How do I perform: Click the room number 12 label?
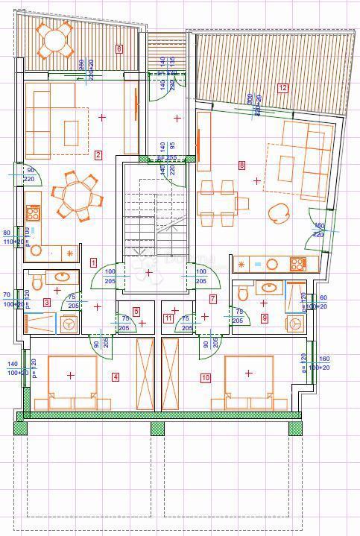pos(282,87)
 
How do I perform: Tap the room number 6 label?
pos(119,49)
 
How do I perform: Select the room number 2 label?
pos(98,155)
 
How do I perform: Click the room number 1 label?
pos(93,262)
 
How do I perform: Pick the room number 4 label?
pos(116,376)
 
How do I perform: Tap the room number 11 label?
pos(168,318)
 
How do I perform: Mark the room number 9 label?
pos(265,318)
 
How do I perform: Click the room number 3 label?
pos(47,302)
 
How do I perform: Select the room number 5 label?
pos(136,312)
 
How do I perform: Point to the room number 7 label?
pos(213,299)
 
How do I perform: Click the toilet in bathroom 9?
pos(242,294)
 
